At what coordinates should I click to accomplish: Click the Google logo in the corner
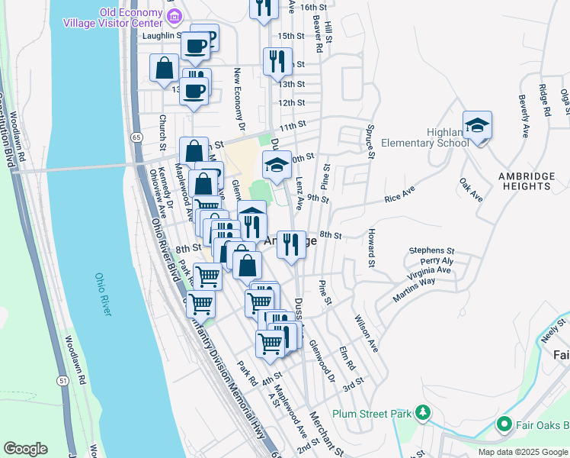point(25,448)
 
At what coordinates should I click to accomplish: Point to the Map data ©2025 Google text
point(522,452)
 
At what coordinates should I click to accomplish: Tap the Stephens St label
point(431,250)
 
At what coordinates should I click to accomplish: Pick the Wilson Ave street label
point(367,334)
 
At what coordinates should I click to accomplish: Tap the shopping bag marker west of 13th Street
point(164,69)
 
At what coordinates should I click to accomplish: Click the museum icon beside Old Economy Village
point(175,15)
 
